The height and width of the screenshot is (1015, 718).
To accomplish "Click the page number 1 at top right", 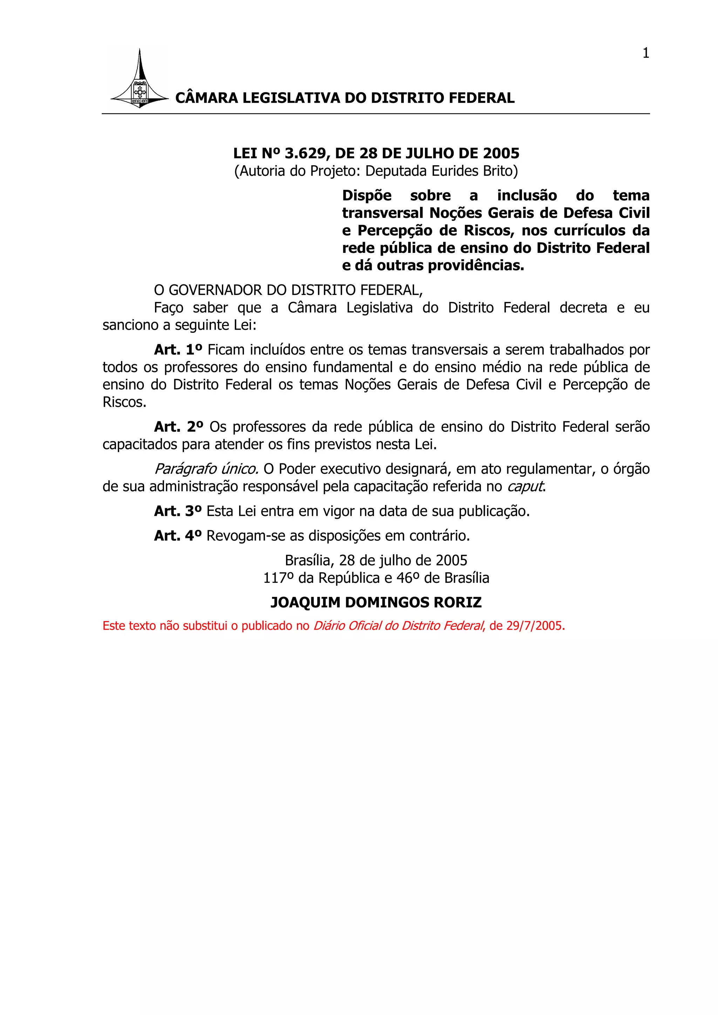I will tap(645, 53).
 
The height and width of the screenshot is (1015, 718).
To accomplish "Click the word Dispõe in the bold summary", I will tap(367, 195).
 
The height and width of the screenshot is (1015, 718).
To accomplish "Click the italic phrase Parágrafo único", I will tap(206, 469).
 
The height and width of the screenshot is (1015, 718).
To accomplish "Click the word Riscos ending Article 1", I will tap(123, 403).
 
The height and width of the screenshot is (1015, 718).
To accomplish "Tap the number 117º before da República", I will tap(278, 578).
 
